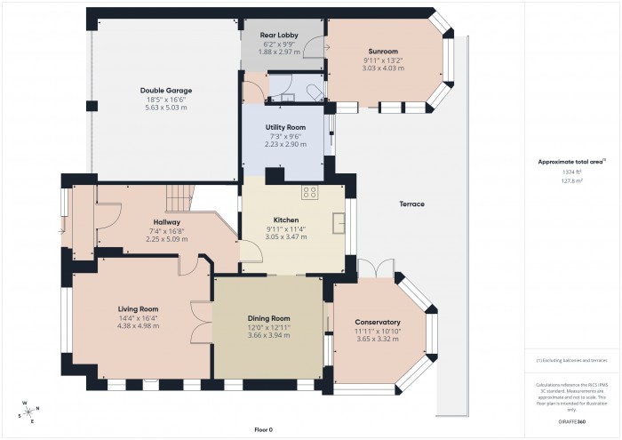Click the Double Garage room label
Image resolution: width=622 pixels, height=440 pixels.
click(x=165, y=91)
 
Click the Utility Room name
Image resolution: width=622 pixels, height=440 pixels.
click(x=286, y=127)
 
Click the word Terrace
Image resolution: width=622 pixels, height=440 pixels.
click(x=411, y=204)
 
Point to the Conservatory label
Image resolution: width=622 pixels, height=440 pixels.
click(x=378, y=322)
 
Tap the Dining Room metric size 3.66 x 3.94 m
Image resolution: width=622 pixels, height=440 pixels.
click(x=268, y=335)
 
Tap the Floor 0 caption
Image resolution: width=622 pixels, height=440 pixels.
click(x=263, y=429)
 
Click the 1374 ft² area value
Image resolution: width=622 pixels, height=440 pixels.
click(x=571, y=172)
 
